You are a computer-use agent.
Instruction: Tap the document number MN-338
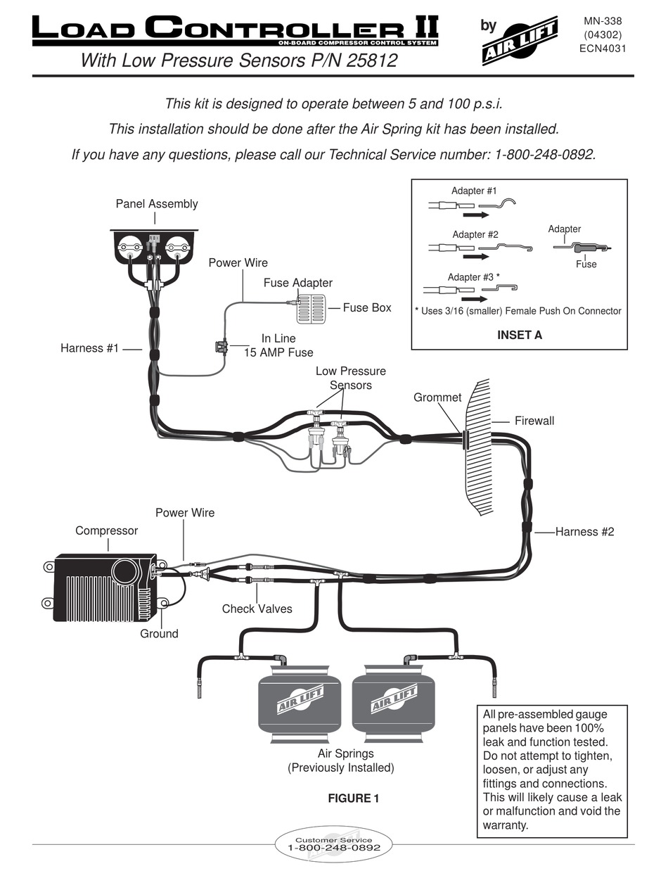click(x=603, y=21)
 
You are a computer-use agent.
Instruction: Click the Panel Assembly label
click(x=157, y=204)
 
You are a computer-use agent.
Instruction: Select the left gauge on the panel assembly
click(x=129, y=248)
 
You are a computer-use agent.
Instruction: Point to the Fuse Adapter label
click(x=298, y=283)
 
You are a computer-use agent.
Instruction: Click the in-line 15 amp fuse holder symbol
click(x=220, y=346)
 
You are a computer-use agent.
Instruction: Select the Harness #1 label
click(x=90, y=348)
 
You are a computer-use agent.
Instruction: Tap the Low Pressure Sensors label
click(x=350, y=378)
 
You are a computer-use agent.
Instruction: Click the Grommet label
click(x=437, y=397)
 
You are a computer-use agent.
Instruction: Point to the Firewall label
click(x=534, y=421)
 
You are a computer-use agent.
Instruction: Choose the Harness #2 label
click(x=584, y=532)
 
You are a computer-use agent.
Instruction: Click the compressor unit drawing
click(x=105, y=587)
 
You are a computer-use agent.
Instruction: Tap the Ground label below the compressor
click(x=159, y=634)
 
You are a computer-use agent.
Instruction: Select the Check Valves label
click(x=257, y=609)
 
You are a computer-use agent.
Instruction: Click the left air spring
click(x=300, y=704)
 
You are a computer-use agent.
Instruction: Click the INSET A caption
click(x=519, y=335)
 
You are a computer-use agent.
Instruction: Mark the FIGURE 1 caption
click(x=354, y=799)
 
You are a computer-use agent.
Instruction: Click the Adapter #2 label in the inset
click(x=475, y=234)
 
